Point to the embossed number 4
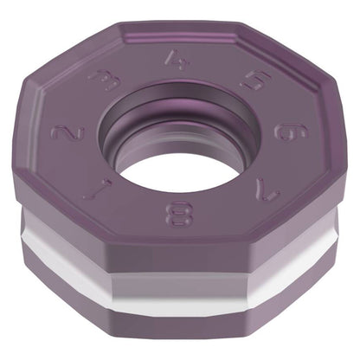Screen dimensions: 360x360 [177, 60]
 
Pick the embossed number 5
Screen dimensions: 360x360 [255, 80]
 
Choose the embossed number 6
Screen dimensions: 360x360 [292, 132]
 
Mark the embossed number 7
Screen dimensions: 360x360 [267, 190]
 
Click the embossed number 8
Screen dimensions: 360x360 [178, 214]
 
